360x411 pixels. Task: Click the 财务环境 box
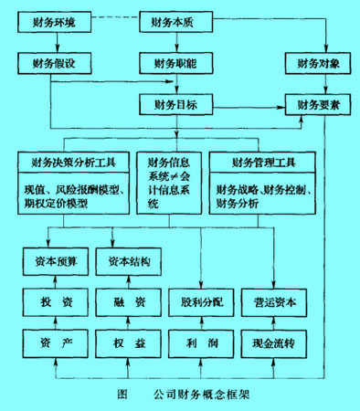click(57, 19)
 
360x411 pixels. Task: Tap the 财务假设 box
click(57, 64)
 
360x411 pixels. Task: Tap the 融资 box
click(130, 302)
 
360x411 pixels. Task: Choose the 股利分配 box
click(202, 302)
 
